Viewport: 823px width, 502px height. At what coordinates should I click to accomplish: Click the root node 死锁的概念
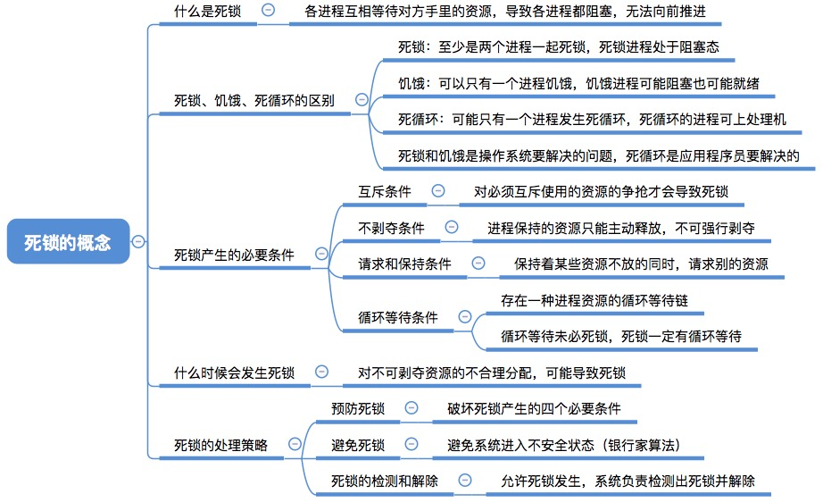(x=68, y=241)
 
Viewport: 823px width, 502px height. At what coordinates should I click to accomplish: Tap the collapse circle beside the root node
(x=138, y=241)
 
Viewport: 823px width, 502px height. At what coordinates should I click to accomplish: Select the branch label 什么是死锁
(x=207, y=11)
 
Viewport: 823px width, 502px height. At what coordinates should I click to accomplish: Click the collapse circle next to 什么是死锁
(x=268, y=10)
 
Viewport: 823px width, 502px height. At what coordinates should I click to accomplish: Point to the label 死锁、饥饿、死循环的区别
(x=254, y=100)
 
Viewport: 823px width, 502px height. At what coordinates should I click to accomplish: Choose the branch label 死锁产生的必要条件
(x=234, y=255)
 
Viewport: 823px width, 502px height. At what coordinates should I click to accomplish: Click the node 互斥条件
(x=385, y=192)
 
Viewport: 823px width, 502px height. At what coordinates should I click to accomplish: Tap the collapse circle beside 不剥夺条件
(x=452, y=227)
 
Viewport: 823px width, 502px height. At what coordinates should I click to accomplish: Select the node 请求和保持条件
(x=404, y=264)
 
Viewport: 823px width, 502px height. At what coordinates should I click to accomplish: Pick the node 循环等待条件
(x=398, y=317)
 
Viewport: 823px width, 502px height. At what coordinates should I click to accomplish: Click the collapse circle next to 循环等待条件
(x=465, y=316)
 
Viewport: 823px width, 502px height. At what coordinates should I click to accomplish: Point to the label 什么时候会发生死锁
(x=234, y=372)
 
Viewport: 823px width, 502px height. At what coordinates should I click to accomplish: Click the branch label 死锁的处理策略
(x=220, y=446)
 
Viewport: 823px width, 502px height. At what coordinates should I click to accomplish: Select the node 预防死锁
(x=358, y=408)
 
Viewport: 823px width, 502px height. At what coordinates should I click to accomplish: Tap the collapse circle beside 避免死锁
(x=411, y=444)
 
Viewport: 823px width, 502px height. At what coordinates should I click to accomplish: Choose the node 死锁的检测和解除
(x=385, y=481)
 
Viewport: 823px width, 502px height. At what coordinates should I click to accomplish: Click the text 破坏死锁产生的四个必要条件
(x=534, y=408)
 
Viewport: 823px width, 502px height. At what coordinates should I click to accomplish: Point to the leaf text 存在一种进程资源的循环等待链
(x=594, y=300)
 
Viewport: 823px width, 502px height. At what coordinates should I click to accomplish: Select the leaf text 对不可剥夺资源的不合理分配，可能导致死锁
(x=492, y=372)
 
